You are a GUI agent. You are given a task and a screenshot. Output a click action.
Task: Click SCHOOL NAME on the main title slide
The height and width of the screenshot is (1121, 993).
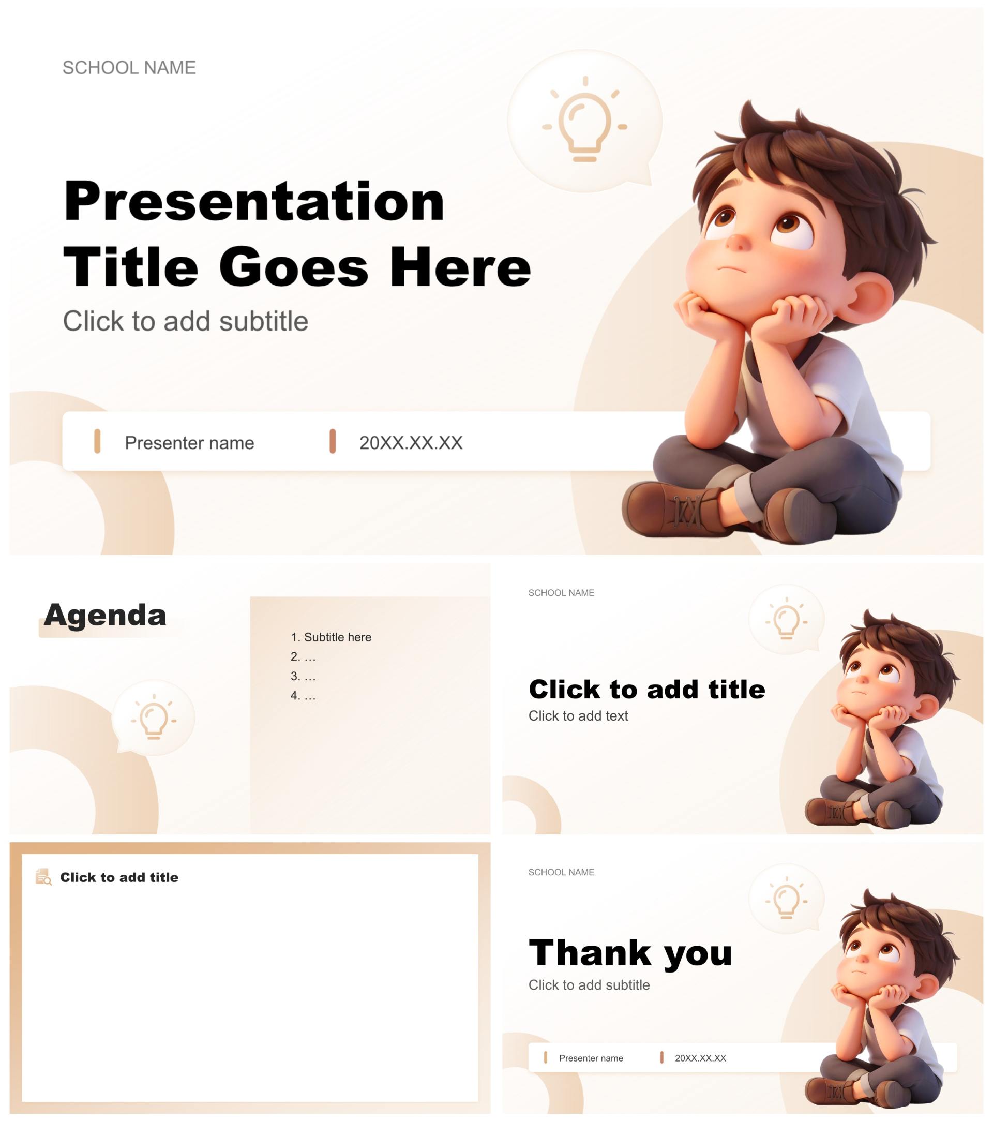[x=129, y=67]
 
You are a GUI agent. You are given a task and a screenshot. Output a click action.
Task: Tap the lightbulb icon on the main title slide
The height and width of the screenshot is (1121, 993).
[x=584, y=119]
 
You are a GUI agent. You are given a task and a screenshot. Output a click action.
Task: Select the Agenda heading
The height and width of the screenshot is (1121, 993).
[x=104, y=615]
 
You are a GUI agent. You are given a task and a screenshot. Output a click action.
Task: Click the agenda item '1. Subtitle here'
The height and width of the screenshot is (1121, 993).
[x=330, y=637]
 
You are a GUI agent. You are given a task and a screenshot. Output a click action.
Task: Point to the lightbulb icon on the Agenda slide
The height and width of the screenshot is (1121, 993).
[x=154, y=717]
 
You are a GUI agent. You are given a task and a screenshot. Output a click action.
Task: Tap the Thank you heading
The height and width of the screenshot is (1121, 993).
[x=630, y=953]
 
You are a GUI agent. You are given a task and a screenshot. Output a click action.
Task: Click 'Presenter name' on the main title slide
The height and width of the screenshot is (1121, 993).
[x=189, y=443]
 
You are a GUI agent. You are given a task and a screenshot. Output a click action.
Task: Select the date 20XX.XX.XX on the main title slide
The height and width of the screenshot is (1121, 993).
[x=411, y=443]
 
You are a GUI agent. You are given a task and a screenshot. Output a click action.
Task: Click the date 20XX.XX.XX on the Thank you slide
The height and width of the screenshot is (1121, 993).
[x=700, y=1058]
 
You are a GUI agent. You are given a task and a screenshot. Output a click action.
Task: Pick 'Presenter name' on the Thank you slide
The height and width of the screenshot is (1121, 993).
[x=591, y=1058]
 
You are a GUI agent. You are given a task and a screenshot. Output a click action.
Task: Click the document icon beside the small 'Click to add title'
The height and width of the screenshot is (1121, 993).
[x=43, y=877]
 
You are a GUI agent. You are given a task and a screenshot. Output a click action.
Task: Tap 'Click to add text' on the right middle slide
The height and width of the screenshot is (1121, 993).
[x=578, y=716]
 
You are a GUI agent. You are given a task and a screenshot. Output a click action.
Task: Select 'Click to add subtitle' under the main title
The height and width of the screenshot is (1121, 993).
[x=185, y=321]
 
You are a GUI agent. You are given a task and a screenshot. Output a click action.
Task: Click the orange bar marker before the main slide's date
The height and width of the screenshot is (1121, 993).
[x=332, y=441]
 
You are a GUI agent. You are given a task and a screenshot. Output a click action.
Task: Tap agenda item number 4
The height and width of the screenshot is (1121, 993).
[x=303, y=695]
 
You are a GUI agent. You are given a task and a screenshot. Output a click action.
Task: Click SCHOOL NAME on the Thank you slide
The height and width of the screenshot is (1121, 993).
[x=561, y=872]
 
